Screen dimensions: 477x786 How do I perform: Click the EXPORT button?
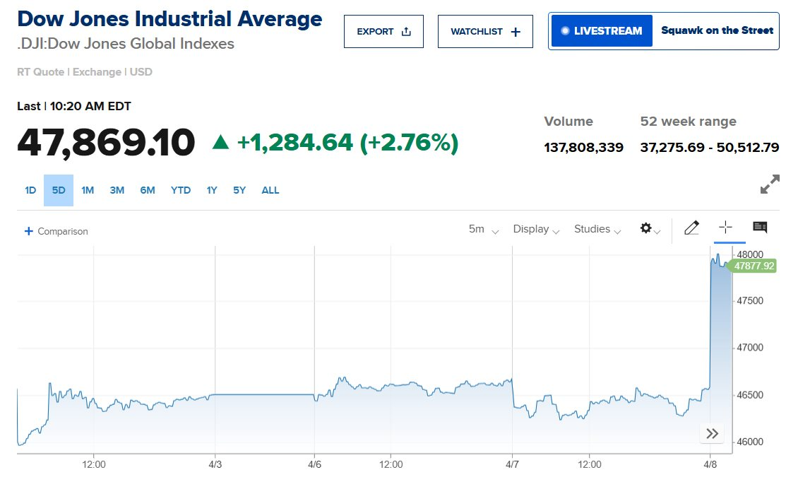click(383, 32)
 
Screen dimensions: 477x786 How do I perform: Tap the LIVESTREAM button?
click(601, 31)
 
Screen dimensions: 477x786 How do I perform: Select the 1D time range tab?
click(30, 190)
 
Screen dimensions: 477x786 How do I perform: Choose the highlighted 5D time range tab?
click(59, 190)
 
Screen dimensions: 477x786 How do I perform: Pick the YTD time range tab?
click(181, 190)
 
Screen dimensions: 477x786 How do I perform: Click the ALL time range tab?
click(270, 190)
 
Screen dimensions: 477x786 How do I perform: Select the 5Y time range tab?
click(240, 190)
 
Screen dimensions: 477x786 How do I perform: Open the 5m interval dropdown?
click(484, 229)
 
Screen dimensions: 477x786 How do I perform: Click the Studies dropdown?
click(597, 229)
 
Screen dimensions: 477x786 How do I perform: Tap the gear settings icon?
click(649, 228)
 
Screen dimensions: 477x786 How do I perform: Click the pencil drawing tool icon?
click(691, 228)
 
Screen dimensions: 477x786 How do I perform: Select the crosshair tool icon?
click(725, 228)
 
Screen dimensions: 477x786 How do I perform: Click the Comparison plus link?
click(56, 231)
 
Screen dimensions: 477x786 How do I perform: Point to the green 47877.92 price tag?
click(754, 266)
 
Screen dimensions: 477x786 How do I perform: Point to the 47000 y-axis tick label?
click(750, 348)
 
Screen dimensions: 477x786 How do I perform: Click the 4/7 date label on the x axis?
click(512, 464)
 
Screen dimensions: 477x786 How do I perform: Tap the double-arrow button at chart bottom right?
click(712, 434)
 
